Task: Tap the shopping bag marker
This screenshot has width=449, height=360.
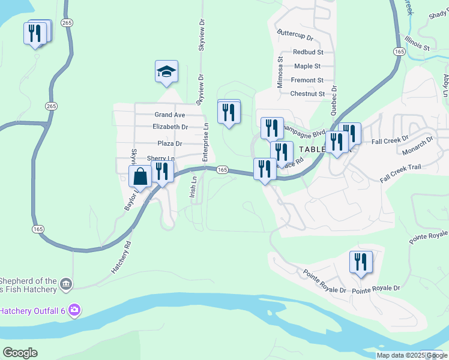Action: [x=140, y=178]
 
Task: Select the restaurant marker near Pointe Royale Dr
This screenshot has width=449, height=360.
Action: [x=361, y=262]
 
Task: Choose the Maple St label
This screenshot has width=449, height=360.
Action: [x=307, y=66]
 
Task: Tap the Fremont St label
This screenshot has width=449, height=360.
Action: [x=307, y=80]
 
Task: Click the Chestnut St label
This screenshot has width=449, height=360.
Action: [x=307, y=94]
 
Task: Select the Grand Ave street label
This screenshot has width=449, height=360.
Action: [x=170, y=115]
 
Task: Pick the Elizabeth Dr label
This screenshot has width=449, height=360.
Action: [x=170, y=127]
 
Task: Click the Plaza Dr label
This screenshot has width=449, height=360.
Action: [x=170, y=143]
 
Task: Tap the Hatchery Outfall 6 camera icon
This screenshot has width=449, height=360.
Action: [x=74, y=310]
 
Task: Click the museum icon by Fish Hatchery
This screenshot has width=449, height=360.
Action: [x=66, y=283]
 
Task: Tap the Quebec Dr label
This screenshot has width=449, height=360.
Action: [x=335, y=95]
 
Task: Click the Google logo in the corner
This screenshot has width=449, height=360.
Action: [x=20, y=353]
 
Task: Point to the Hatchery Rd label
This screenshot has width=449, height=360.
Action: [x=121, y=259]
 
